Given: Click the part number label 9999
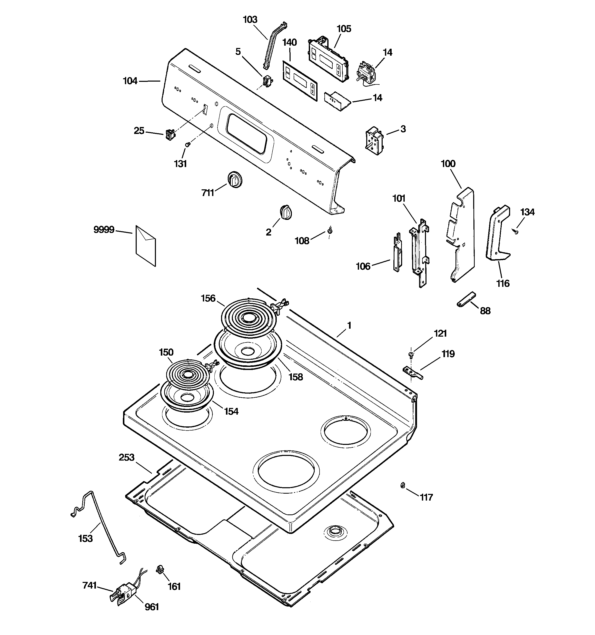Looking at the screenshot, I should coord(104,229).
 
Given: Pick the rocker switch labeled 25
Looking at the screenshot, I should coord(170,134).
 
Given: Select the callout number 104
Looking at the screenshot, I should coord(130,81).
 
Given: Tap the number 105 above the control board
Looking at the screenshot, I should coord(344,29).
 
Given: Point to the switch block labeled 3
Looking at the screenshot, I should coord(374,141).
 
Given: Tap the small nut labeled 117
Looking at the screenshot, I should coord(403,485).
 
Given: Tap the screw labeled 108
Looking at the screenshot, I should coord(330,229).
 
